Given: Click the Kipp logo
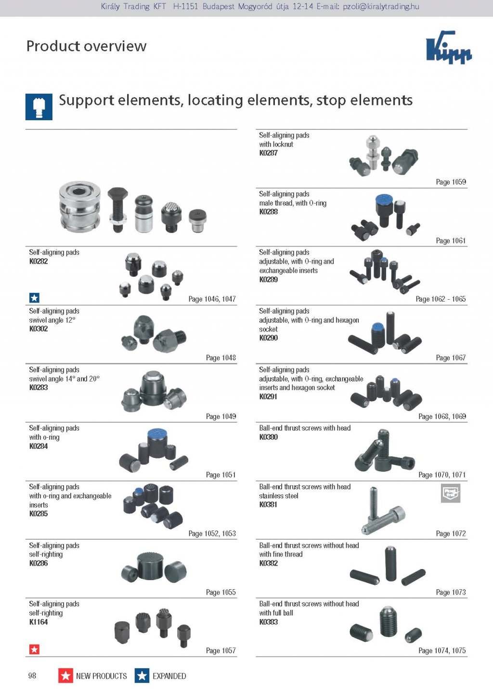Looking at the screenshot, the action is [449, 47].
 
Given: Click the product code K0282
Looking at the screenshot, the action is [39, 261].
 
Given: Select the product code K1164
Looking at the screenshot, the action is [39, 622].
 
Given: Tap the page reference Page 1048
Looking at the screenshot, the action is [221, 358].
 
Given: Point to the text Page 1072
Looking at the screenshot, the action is [451, 533].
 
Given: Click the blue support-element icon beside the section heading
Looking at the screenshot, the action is [39, 107].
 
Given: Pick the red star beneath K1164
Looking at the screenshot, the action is [34, 649].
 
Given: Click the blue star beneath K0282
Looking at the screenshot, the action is [34, 298].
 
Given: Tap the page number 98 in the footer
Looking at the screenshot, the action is [32, 675].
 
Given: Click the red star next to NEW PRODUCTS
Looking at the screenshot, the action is [65, 675].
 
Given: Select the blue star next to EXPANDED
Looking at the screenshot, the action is [142, 675].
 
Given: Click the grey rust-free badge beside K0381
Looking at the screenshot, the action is [450, 493].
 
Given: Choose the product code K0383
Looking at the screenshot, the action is [269, 622].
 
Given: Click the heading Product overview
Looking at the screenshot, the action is [87, 46].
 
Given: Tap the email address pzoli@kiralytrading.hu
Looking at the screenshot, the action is [381, 7].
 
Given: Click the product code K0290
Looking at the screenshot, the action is [269, 338].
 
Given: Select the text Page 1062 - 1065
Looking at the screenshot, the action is [441, 299].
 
